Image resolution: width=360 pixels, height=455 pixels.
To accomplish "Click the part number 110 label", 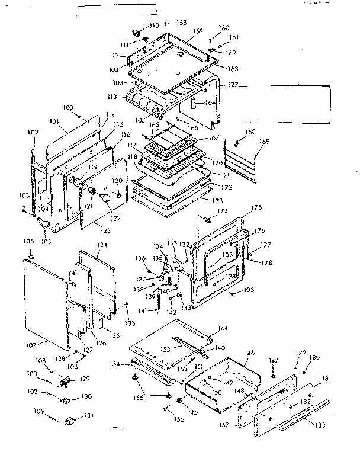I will point(153,25).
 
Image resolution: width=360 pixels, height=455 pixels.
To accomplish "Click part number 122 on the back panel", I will point(115,218).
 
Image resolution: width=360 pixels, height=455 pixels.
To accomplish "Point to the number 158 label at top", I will point(180,23).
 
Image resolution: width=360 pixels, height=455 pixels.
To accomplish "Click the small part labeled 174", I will point(208,219).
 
